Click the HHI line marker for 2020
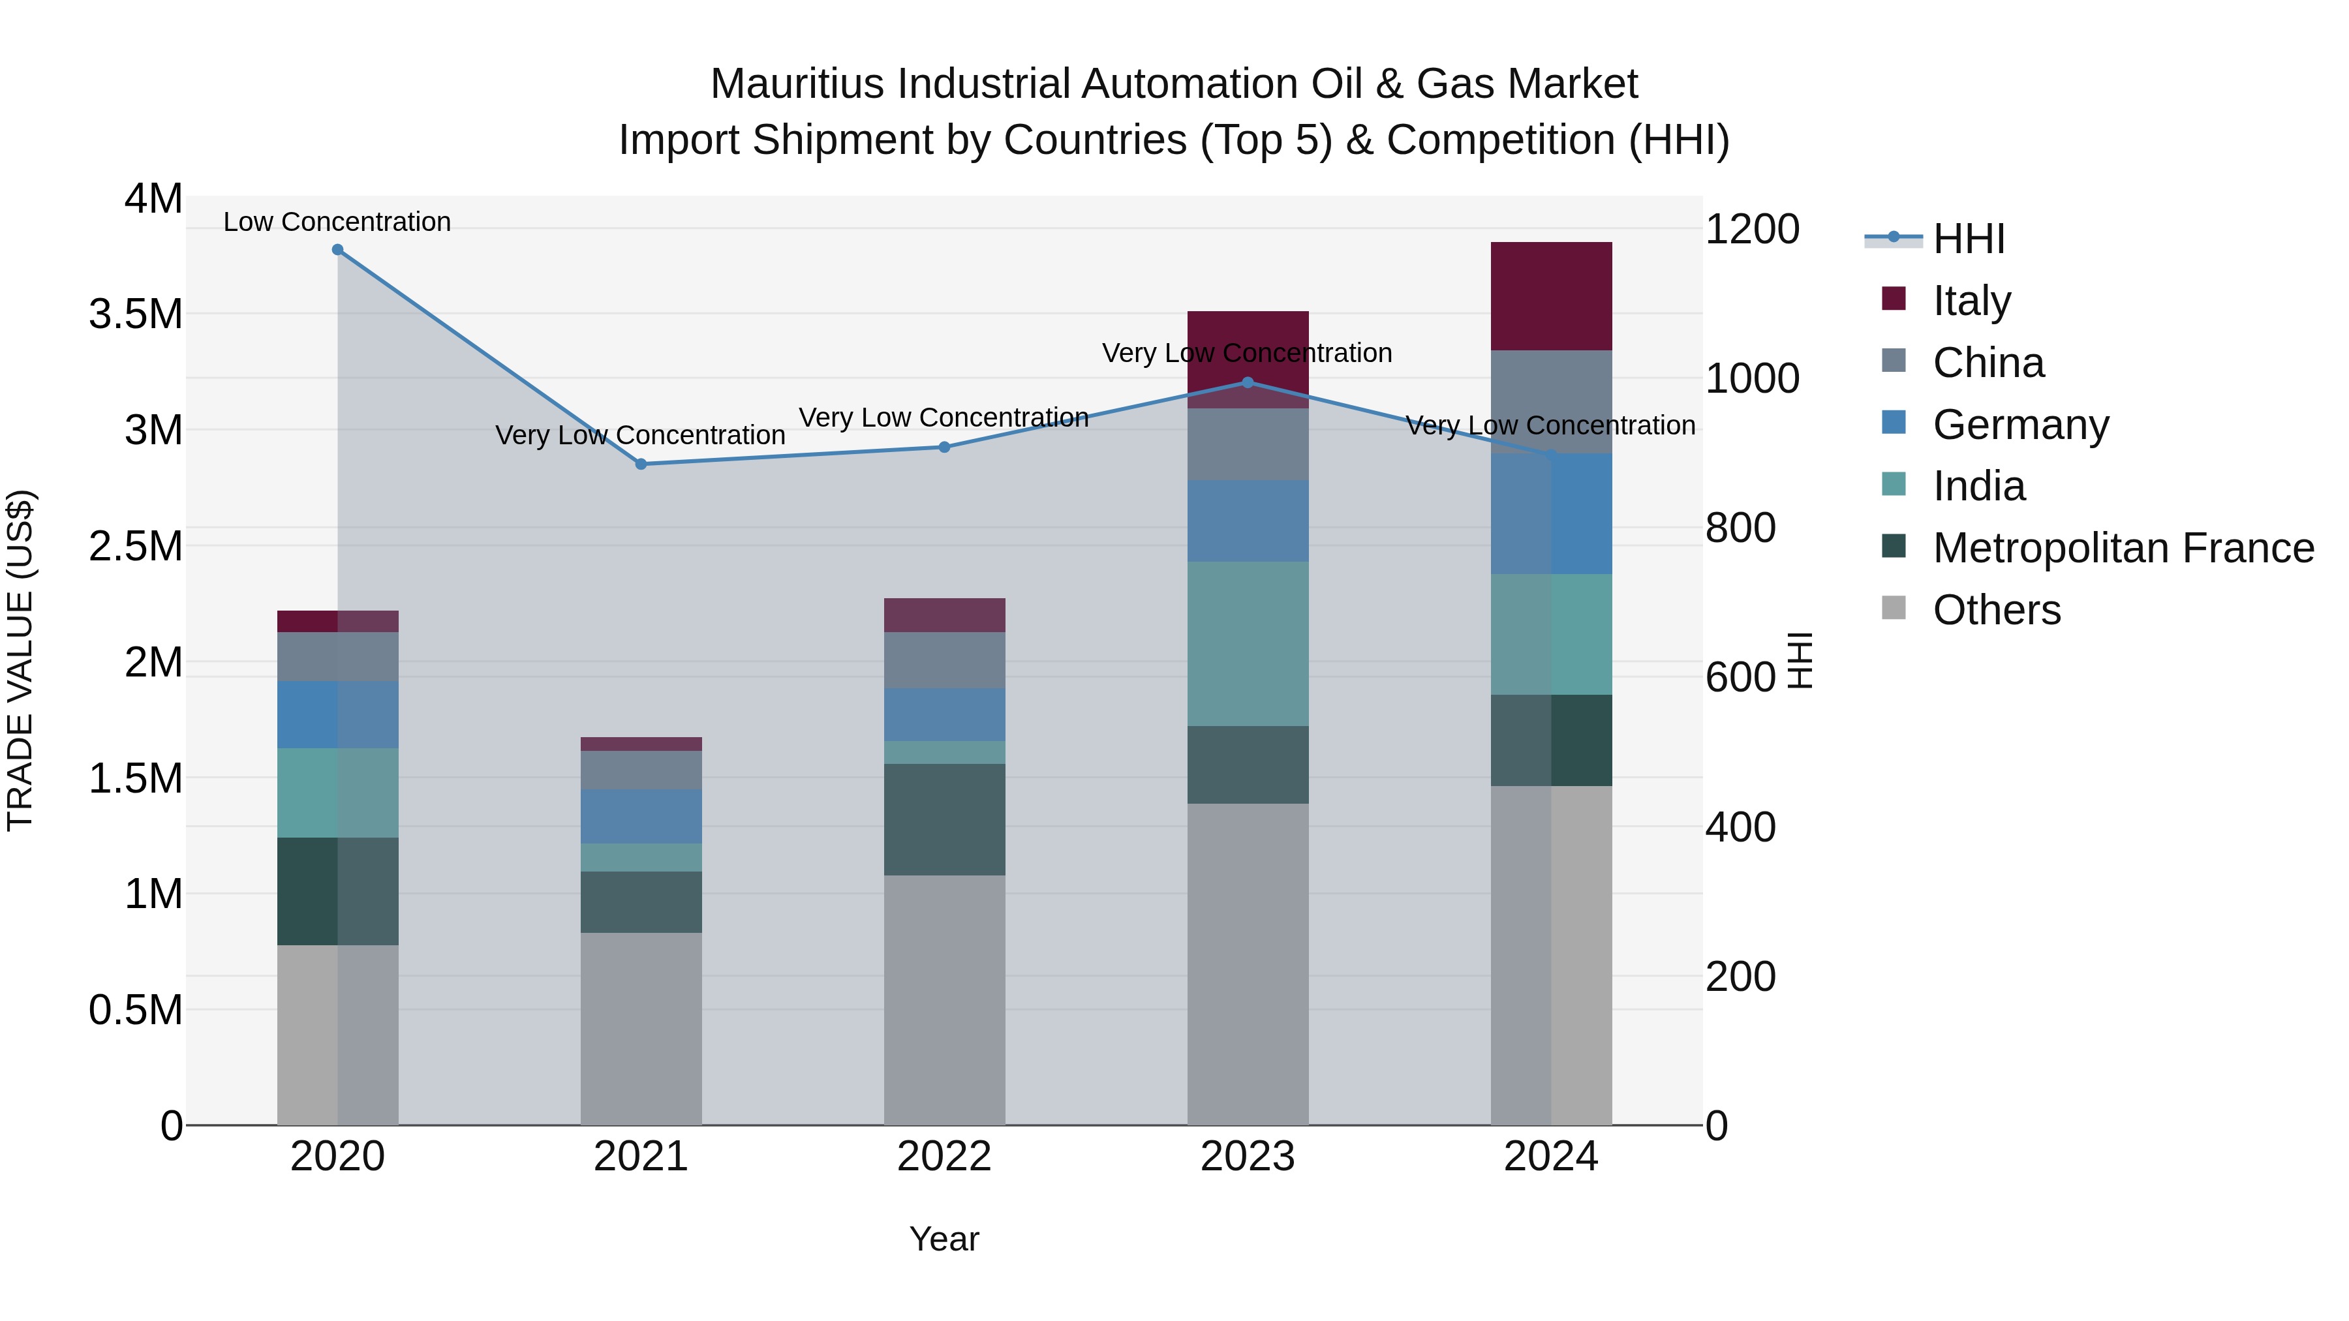[337, 250]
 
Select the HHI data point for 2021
[641, 464]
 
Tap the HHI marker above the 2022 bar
[945, 448]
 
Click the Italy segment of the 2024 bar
[1551, 296]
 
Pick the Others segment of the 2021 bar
[641, 1028]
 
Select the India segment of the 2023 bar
[1248, 644]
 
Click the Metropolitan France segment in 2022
[945, 819]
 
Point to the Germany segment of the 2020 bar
[337, 715]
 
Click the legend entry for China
[1988, 363]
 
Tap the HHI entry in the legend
[1968, 239]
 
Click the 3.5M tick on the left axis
[135, 314]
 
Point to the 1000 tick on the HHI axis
[1752, 378]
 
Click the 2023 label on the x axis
[1248, 1157]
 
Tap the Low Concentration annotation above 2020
[337, 222]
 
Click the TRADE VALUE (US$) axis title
[20, 660]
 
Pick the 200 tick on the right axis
[1740, 977]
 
